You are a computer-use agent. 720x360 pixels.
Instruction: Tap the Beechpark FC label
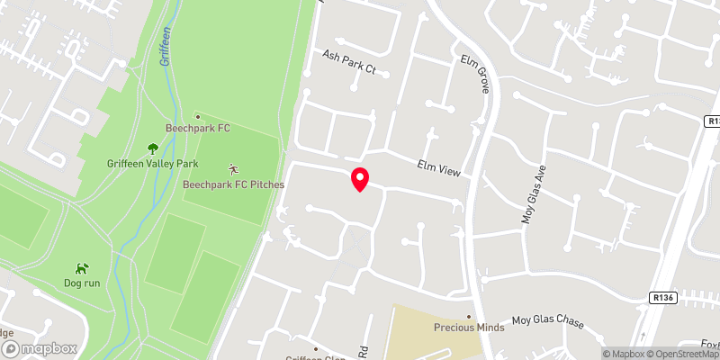198,129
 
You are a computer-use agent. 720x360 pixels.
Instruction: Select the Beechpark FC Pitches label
233,184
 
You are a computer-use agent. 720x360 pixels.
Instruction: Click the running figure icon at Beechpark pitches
234,167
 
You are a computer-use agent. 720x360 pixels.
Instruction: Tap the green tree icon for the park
151,148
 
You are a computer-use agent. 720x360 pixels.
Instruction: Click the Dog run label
82,283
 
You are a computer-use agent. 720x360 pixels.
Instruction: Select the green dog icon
82,267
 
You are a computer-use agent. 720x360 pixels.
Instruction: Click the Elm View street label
438,167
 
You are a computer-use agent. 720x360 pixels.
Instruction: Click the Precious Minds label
469,328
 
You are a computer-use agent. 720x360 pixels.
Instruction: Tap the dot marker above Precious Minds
469,316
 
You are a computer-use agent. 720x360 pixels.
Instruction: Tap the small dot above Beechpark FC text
198,116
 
